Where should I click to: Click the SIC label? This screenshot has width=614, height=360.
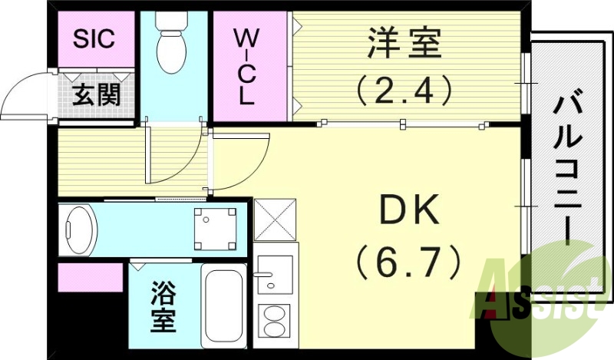click(94, 39)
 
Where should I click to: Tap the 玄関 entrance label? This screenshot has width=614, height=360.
click(96, 95)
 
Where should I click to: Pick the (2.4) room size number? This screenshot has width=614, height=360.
click(404, 91)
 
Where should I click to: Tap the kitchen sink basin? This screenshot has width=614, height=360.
click(274, 273)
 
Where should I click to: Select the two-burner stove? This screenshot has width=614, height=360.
click(273, 320)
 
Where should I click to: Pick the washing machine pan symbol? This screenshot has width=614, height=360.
click(214, 229)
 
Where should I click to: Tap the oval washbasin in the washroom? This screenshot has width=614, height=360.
click(80, 228)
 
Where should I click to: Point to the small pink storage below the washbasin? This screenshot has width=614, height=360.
click(91, 277)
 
